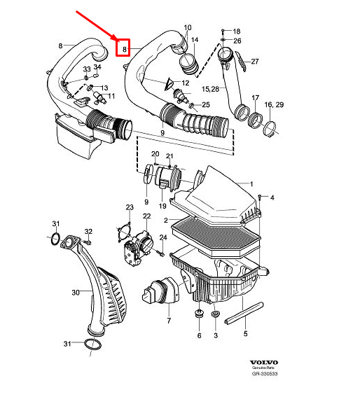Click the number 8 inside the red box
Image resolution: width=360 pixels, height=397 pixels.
coord(125,49)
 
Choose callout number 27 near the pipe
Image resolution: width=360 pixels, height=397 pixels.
coord(254,62)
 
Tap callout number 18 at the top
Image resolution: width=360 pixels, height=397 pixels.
coord(236,32)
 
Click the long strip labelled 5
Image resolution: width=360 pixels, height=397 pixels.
coord(245,315)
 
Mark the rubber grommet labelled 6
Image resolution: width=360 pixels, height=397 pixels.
coord(198,316)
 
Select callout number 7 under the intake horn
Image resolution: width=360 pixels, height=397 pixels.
coord(168,321)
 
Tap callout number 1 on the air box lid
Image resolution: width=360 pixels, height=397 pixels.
coord(246,184)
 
